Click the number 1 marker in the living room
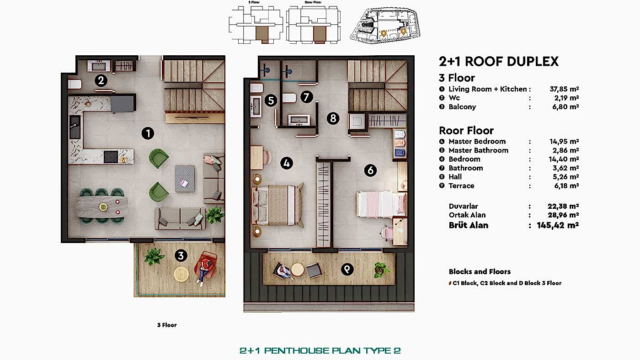pos(148,133)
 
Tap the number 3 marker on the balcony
pos(181,255)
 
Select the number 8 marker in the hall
pos(333,118)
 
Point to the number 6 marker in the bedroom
pos(370,170)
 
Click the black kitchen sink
pos(75,127)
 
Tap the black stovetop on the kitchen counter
pos(111,157)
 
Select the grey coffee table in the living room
pos(185,179)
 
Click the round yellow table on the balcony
pos(181,275)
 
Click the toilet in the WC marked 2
pos(75,84)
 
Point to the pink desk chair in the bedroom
pos(386,232)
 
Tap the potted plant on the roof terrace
pos(381,270)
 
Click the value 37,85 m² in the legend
pos(564,89)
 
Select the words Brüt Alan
pos(469,225)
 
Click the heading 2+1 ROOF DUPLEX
pos(499,61)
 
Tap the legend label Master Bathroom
pos(479,150)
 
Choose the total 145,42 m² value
pos(558,225)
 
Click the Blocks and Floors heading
pos(480,271)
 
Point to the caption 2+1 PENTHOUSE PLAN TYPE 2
pos(320,350)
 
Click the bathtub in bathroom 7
pos(299,120)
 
